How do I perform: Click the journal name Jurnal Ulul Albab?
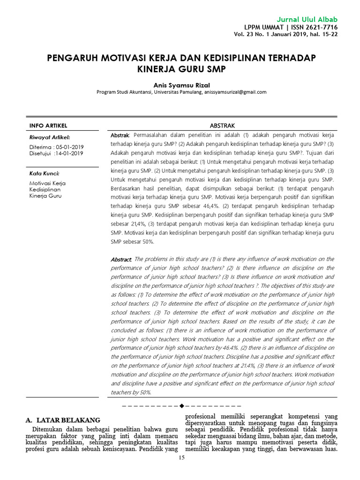pyautogui.click(x=307, y=19)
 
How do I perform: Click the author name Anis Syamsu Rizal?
pyautogui.click(x=181, y=84)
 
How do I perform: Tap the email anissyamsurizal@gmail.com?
pyautogui.click(x=235, y=92)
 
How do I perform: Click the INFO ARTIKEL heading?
pyautogui.click(x=48, y=126)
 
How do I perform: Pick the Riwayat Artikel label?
pyautogui.click(x=50, y=137)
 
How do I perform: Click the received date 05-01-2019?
pyautogui.click(x=68, y=147)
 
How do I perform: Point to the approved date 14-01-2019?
pyautogui.click(x=69, y=153)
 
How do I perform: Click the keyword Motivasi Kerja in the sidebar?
pyautogui.click(x=47, y=183)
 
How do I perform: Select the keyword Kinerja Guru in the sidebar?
pyautogui.click(x=45, y=196)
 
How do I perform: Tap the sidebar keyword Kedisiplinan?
pyautogui.click(x=45, y=189)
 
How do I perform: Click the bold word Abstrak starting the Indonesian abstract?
pyautogui.click(x=120, y=135)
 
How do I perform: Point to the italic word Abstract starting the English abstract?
pyautogui.click(x=121, y=259)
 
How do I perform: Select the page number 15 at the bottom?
pyautogui.click(x=182, y=458)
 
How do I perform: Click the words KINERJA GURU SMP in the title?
pyautogui.click(x=181, y=69)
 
